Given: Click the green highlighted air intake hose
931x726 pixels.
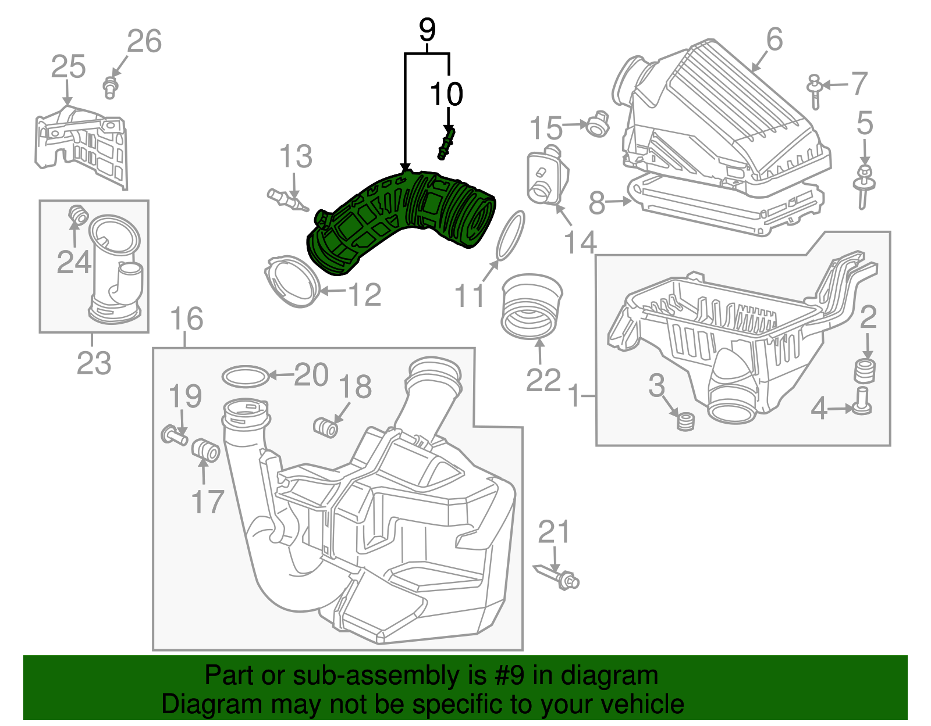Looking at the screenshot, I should pyautogui.click(x=401, y=221).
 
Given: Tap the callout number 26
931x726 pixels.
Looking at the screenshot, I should pyautogui.click(x=144, y=41).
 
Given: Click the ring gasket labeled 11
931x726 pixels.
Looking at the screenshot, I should pyautogui.click(x=510, y=235).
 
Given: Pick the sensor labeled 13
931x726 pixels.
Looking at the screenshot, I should pyautogui.click(x=287, y=200).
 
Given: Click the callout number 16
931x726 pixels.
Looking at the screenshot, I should pyautogui.click(x=186, y=319).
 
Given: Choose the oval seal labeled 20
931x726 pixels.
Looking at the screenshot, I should pyautogui.click(x=246, y=376).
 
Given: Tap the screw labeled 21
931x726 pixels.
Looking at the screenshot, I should pyautogui.click(x=560, y=577).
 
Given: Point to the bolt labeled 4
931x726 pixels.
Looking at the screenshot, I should pyautogui.click(x=862, y=402).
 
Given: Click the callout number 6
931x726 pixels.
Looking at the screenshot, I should pyautogui.click(x=774, y=40).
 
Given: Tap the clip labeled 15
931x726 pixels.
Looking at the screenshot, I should pyautogui.click(x=596, y=124).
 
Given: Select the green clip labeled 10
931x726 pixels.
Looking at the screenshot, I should pyautogui.click(x=446, y=143).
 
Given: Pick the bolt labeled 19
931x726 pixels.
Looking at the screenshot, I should pyautogui.click(x=173, y=435).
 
